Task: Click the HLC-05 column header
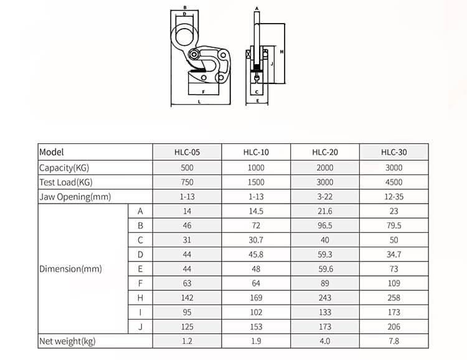point(187,152)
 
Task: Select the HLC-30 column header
point(394,152)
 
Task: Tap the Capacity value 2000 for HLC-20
point(324,168)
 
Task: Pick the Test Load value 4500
point(394,182)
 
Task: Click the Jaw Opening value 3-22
point(324,197)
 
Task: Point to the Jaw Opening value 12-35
point(394,197)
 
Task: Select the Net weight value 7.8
point(394,341)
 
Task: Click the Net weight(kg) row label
point(67,341)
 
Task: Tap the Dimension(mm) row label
point(70,270)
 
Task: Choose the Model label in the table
point(52,152)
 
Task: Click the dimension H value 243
point(324,298)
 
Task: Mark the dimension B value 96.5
point(324,225)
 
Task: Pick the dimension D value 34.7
point(394,254)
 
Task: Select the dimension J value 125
point(187,326)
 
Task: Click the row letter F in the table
point(140,283)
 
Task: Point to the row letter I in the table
point(140,312)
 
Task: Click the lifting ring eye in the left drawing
point(186,36)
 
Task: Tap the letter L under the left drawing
point(199,100)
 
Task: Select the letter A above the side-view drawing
point(257,9)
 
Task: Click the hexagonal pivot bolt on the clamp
point(196,55)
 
